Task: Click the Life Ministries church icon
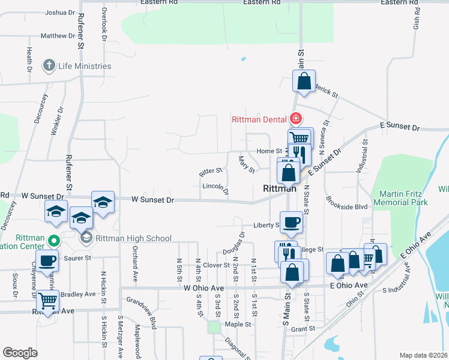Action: (49, 66)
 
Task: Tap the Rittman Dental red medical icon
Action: (295, 119)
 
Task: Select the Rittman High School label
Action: (133, 238)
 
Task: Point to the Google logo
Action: (20, 353)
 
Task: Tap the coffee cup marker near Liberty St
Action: (292, 222)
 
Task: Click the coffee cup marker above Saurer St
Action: (47, 261)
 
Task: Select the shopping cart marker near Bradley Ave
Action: (47, 300)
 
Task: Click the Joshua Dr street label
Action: (60, 12)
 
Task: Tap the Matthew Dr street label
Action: (58, 36)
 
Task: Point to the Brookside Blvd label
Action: (346, 206)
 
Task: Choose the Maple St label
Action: (238, 325)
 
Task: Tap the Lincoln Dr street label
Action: (216, 188)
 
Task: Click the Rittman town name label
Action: (280, 188)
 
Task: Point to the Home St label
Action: (270, 151)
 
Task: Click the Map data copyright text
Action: (424, 355)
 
